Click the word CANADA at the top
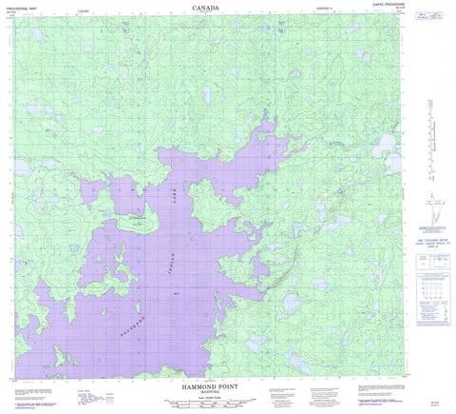pos(228,8)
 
